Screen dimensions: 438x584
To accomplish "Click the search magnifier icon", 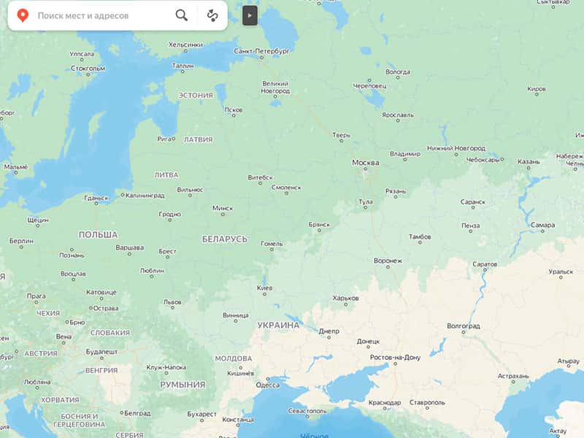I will [181, 15].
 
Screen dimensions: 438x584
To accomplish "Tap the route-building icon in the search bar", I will [212, 15].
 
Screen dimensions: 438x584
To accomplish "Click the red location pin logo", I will [23, 15].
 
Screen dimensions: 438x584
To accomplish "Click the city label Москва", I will [366, 161].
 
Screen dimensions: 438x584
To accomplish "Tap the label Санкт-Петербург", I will [262, 51].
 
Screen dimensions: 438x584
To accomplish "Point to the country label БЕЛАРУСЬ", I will [225, 239].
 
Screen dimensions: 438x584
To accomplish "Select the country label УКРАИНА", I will [278, 325].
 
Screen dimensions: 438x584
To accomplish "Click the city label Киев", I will [265, 288].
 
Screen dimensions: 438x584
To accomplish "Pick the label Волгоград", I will [464, 325].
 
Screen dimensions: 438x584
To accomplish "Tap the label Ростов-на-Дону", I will [396, 357].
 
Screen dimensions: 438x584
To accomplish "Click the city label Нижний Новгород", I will [456, 148].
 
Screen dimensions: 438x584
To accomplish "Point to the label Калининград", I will [145, 195].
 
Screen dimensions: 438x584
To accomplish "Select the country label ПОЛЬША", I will [98, 234].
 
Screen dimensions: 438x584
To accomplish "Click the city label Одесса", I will [267, 385].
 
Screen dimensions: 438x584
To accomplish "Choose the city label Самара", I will [543, 225].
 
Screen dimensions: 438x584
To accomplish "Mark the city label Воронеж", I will [388, 260].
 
